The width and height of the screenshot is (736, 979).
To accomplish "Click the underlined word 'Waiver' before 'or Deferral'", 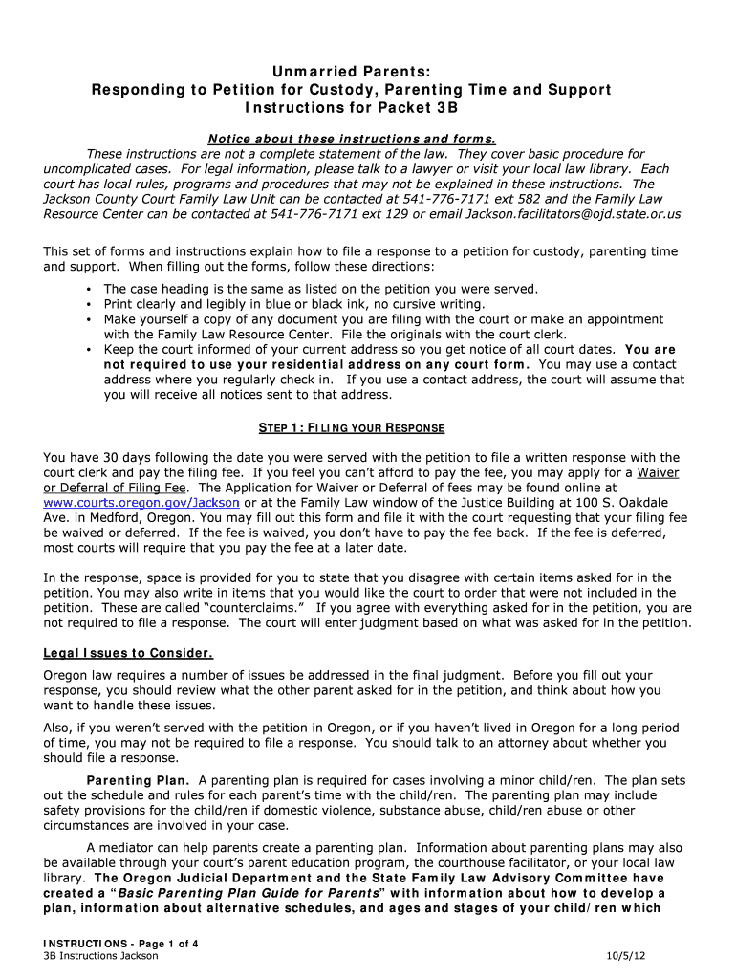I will [x=659, y=472].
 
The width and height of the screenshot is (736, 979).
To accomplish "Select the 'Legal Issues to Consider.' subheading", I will [x=128, y=654].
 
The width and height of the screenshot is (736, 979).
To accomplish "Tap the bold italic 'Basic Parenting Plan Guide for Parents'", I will [x=261, y=893].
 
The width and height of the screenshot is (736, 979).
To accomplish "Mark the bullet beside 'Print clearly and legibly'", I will [x=88, y=304].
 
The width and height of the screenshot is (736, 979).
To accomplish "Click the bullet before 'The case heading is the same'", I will [x=88, y=289].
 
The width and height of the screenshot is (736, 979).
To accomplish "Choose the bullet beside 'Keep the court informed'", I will [x=88, y=350].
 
